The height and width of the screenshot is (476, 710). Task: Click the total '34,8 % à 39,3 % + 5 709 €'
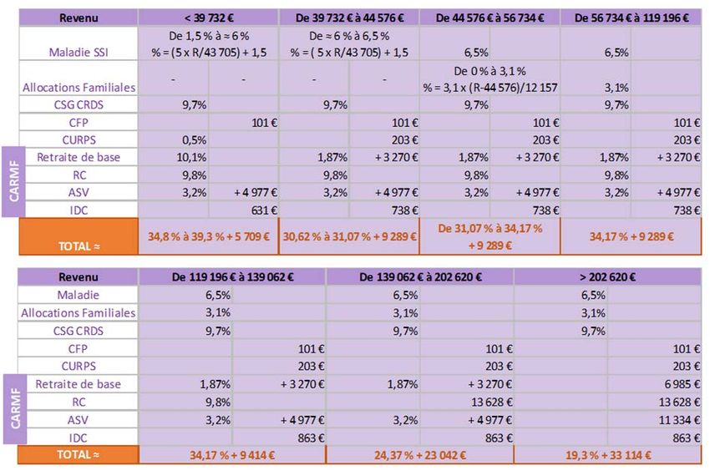(210, 236)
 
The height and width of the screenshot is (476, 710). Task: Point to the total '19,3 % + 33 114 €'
(606, 456)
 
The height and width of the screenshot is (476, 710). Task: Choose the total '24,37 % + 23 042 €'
(418, 456)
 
